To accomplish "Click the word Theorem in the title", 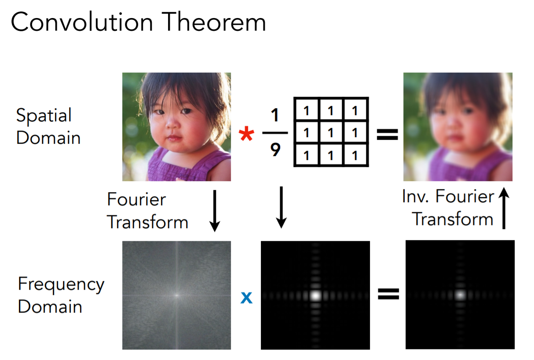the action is click(213, 22).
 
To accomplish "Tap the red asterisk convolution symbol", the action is click(246, 134).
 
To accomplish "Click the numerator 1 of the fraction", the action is click(275, 115).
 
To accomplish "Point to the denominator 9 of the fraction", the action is click(275, 149).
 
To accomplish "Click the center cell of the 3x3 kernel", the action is click(331, 132).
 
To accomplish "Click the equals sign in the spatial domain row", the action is click(388, 134).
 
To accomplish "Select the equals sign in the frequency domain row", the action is click(388, 294).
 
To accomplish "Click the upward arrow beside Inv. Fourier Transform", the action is click(504, 208).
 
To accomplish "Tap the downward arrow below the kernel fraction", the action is click(282, 207).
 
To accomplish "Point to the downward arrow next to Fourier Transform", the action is click(215, 211).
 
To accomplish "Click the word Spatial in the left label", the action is click(44, 116).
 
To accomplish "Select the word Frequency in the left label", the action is click(61, 285).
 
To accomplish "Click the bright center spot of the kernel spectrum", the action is click(316, 296).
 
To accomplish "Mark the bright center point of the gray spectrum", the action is click(177, 295).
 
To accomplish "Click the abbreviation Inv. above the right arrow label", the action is click(416, 196).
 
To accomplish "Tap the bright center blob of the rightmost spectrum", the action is click(461, 295).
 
